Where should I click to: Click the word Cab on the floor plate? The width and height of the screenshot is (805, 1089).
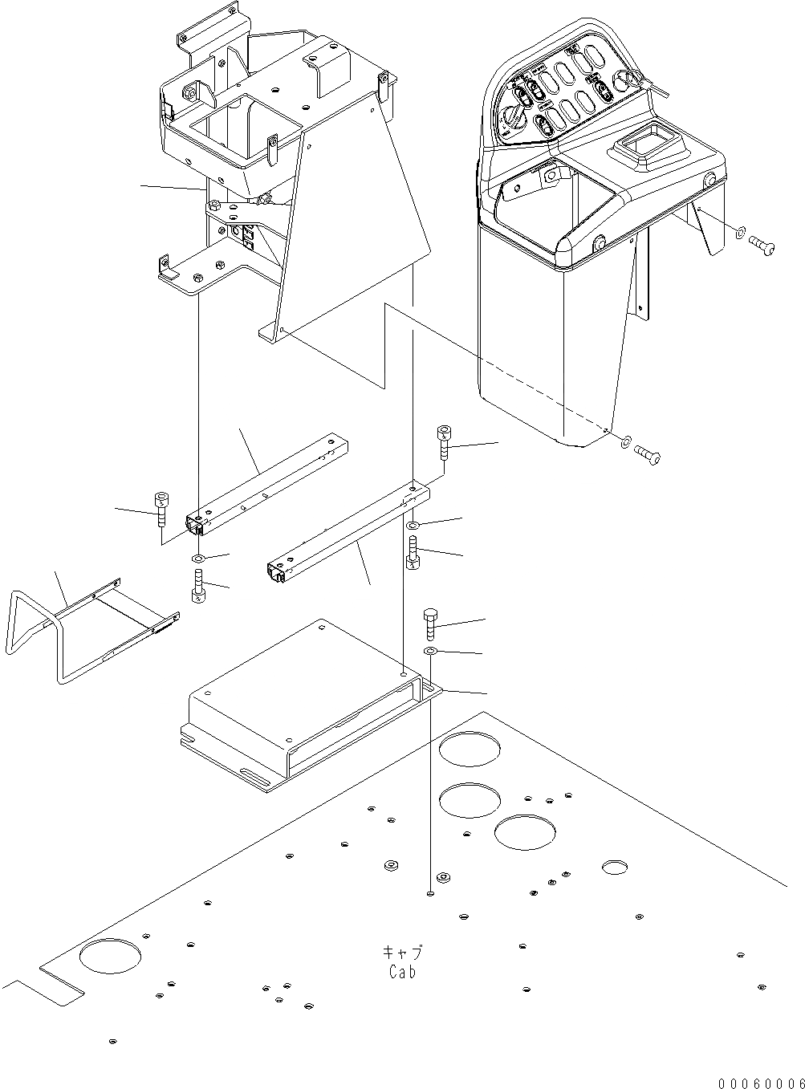(x=402, y=972)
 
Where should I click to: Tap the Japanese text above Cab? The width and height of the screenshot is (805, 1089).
(x=402, y=953)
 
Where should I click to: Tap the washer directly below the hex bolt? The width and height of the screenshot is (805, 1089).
(x=431, y=651)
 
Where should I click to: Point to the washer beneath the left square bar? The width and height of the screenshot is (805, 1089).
(x=198, y=558)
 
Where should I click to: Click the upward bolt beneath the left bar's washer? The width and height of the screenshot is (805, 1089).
(x=197, y=586)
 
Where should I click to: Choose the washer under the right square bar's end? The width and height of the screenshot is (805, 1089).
(x=412, y=525)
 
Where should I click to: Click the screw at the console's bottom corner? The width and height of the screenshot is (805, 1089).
(x=648, y=456)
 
